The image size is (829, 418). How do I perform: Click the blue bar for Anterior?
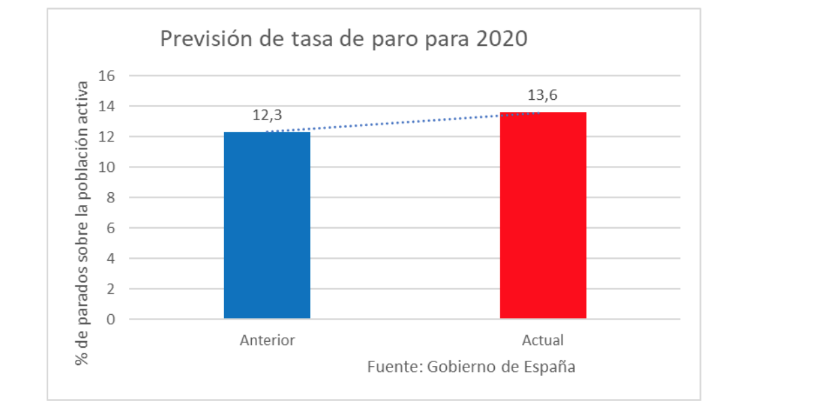(267, 225)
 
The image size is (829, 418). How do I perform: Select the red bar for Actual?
(543, 215)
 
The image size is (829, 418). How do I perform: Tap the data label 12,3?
(267, 116)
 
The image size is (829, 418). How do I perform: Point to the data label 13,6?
(543, 96)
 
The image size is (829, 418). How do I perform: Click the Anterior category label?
(267, 340)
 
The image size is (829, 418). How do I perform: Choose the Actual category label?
(543, 340)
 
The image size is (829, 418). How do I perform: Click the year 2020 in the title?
(501, 39)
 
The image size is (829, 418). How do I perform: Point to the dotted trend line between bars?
(405, 122)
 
